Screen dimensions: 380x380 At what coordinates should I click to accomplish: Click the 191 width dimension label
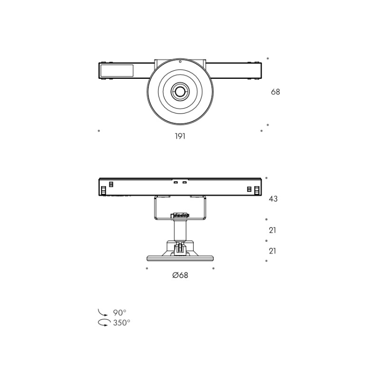180,136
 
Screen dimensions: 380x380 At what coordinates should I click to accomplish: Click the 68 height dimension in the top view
275,92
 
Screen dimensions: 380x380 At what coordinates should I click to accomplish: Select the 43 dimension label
273,199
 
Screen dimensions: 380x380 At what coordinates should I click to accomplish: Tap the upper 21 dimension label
272,230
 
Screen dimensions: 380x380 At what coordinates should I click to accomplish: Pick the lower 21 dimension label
272,251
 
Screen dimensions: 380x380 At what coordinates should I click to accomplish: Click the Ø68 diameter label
180,275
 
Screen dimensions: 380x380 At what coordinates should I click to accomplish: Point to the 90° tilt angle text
120,313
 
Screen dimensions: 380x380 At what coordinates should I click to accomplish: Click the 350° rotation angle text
122,323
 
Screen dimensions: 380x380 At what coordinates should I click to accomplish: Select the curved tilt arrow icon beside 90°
103,313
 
